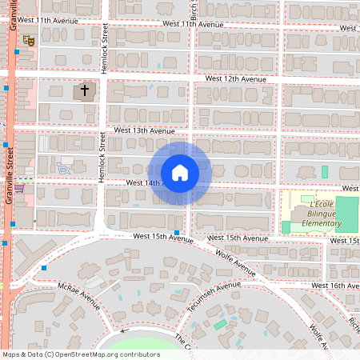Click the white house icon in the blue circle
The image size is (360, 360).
[179, 172]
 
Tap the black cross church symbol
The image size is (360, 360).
[83, 91]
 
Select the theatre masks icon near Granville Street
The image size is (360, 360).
[30, 39]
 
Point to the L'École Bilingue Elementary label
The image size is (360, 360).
[316, 216]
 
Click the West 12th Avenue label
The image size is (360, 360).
[235, 79]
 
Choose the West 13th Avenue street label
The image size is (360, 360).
[144, 130]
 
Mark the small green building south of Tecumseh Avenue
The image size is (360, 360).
[220, 324]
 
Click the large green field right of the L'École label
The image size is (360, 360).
[347, 211]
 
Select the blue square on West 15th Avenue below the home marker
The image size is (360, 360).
[176, 232]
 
